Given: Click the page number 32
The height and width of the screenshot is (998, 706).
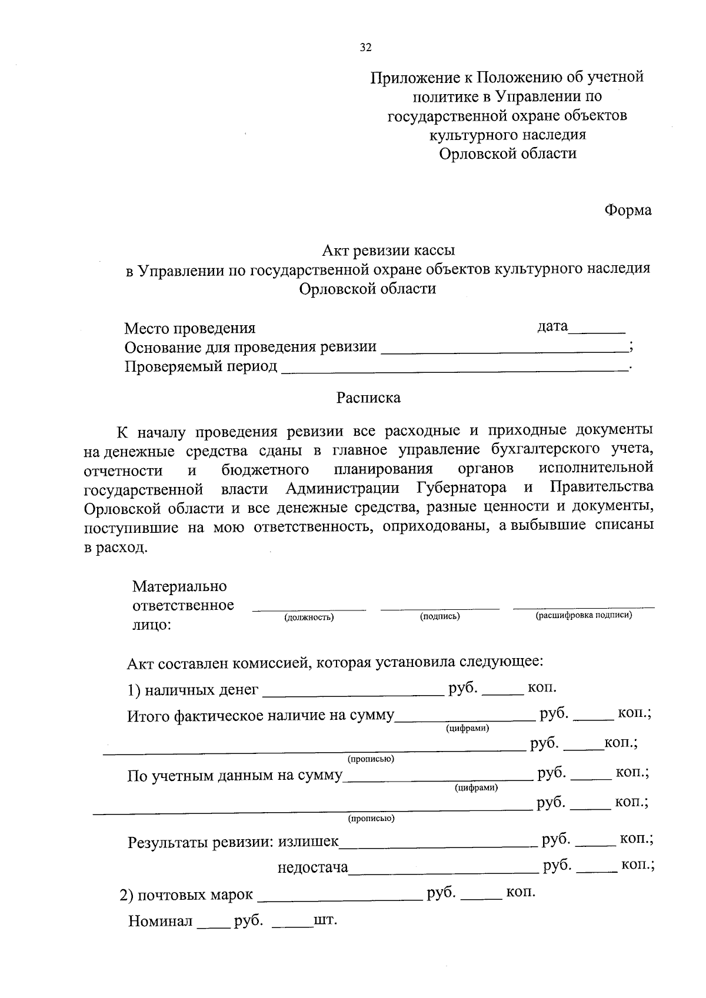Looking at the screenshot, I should pyautogui.click(x=365, y=48).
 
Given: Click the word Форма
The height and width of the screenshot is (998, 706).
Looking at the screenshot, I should pyautogui.click(x=628, y=211).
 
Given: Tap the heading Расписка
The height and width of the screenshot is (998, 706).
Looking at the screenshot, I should pyautogui.click(x=368, y=398).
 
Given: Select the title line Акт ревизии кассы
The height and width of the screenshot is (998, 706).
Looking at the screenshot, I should pyautogui.click(x=388, y=251).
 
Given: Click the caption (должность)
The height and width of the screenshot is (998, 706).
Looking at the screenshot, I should pyautogui.click(x=309, y=617).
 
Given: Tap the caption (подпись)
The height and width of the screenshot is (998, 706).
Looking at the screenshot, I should pyautogui.click(x=439, y=616).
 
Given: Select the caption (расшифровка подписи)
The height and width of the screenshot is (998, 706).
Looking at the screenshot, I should pyautogui.click(x=584, y=615).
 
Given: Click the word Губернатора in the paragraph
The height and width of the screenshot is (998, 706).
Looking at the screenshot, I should pyautogui.click(x=461, y=488).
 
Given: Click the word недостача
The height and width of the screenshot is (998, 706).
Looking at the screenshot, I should pyautogui.click(x=313, y=867).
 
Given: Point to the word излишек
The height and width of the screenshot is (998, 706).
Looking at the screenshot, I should pyautogui.click(x=308, y=842).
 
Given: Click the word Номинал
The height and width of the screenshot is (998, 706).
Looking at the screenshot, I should pyautogui.click(x=161, y=921).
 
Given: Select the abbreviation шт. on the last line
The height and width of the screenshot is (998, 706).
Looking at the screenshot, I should pyautogui.click(x=325, y=920).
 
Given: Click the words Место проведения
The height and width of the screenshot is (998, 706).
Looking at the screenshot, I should pyautogui.click(x=190, y=328).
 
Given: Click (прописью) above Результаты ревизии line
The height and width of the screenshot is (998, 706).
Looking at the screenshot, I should pyautogui.click(x=371, y=818).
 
